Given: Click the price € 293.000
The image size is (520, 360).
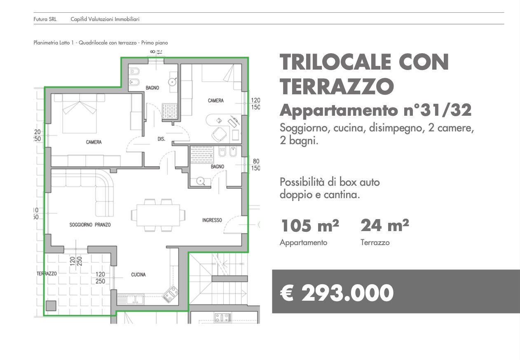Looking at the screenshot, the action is pos(337,293).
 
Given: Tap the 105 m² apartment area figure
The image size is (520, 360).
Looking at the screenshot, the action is pos(310,225).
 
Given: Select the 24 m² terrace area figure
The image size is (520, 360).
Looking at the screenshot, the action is pos(385,225).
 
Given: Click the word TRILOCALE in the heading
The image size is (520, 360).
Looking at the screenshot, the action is pos(335,62).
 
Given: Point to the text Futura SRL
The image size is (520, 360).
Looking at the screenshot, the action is pos(45,19).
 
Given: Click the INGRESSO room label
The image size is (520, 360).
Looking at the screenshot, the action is pos(212,220).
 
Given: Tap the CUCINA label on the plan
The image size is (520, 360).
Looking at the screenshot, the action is pos(138,275).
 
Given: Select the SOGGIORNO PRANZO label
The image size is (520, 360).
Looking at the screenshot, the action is pos(90,224).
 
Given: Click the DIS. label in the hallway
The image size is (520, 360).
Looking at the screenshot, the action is pos(162,139).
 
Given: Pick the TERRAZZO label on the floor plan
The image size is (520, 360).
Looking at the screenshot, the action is pos(47,274).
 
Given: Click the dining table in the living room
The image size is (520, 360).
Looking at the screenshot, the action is pos(158,215).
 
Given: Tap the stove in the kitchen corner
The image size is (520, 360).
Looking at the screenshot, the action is pos(171,295).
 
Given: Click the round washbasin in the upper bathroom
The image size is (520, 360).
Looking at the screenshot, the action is pos(172,82).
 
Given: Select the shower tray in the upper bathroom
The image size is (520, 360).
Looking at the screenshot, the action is pos(169,111).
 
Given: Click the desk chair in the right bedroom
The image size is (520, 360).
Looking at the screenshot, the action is pos(219,134).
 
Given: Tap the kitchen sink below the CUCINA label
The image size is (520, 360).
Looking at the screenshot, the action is pos(131,299).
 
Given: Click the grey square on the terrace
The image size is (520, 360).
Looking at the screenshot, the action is pos(51,306).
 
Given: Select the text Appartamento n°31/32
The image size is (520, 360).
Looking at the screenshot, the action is pos(376,110).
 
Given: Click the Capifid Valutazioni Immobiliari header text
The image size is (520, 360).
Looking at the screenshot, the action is pos(105,19).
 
